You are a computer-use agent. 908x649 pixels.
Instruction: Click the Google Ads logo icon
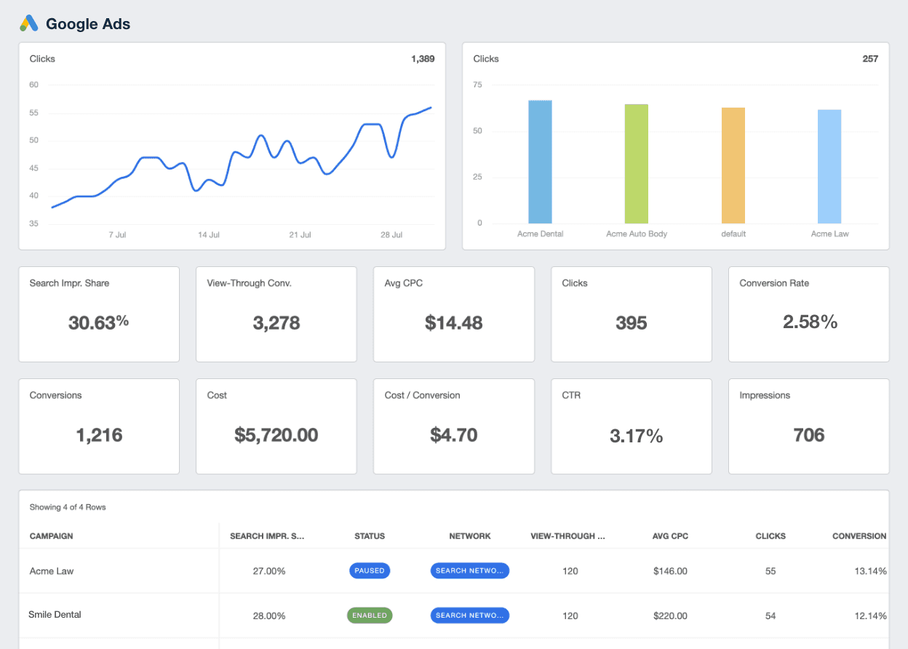pos(29,24)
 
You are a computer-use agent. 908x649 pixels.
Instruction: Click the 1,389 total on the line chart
pos(423,59)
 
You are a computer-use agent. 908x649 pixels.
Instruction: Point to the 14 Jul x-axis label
pos(209,235)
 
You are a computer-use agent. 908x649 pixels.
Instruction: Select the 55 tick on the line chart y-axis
pos(34,113)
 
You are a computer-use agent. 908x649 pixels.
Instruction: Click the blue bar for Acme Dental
pos(540,162)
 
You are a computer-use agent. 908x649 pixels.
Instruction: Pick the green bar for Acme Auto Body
pos(637,164)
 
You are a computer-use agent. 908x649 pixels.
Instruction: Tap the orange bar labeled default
pos(733,165)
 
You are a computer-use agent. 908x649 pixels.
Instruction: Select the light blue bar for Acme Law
pos(829,167)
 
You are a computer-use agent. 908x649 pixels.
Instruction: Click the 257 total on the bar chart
pos(870,59)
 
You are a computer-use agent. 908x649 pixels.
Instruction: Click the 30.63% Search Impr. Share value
pos(98,322)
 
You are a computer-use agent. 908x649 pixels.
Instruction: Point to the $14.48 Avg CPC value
pos(453,323)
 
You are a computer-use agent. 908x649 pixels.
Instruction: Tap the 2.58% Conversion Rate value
pos(810,322)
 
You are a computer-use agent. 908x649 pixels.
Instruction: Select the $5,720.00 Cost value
pos(276,435)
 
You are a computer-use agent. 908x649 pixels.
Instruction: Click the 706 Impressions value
pos(808,435)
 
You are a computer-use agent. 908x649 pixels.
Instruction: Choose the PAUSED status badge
pos(370,571)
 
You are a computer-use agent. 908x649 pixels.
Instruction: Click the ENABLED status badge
pos(370,616)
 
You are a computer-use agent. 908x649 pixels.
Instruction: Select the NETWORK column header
pos(470,536)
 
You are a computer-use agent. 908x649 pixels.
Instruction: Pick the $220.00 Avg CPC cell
pos(670,616)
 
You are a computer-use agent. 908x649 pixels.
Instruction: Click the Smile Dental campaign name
pos(55,615)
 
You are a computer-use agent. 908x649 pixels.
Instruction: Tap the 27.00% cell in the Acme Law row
pos(269,571)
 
